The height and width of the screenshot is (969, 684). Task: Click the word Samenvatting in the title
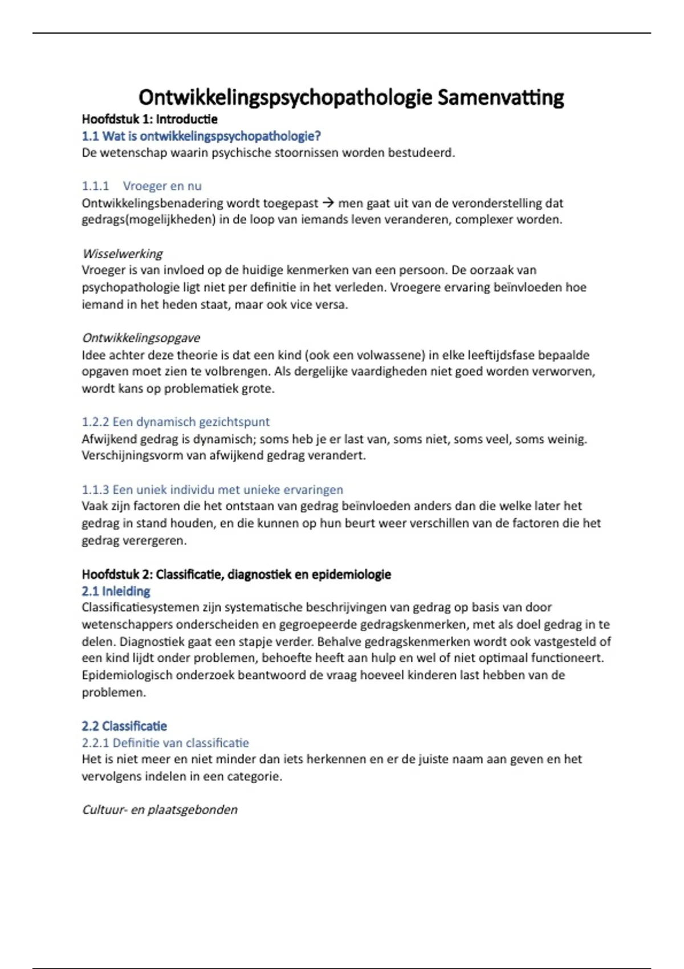pos(500,97)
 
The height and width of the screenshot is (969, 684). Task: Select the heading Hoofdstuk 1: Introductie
pos(149,119)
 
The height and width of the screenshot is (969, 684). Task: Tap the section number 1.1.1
pos(95,186)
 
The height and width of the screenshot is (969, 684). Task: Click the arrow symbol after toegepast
pos(328,203)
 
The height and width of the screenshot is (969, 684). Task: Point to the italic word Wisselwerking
pos(123,254)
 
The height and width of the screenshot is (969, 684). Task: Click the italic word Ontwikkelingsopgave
pos(141,338)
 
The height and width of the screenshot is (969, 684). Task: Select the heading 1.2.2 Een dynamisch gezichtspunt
pos(176,422)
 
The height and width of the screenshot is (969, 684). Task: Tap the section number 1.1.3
pos(95,490)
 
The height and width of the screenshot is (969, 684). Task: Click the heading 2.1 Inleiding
pos(116,591)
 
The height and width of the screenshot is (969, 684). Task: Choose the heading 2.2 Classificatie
pos(124,726)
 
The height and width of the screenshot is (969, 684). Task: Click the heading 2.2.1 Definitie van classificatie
pos(165,743)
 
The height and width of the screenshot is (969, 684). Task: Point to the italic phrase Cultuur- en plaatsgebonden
pos(160,810)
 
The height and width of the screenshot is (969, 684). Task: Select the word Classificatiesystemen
pos(140,608)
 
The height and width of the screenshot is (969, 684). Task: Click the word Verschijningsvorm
pos(129,456)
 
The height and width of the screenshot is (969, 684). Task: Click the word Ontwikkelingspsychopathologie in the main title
pos(285,97)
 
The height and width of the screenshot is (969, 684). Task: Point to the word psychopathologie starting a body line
pos(131,287)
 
